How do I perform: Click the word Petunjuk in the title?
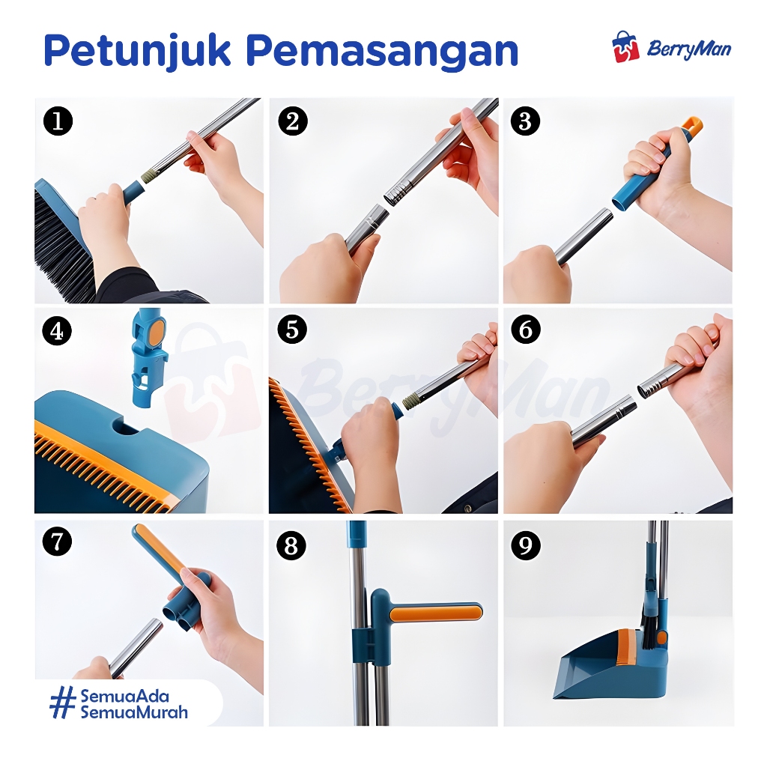pos(138,51)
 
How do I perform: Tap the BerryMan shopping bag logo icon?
pos(625,47)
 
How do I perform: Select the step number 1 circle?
pos(58,121)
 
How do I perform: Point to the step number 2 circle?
pos(293,121)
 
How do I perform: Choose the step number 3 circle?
pos(525,121)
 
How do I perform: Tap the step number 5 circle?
pos(291,330)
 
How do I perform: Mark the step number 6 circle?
pos(525,330)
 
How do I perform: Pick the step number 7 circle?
pos(57,542)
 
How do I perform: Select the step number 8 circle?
pos(291,545)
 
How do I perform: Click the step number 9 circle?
pos(525,545)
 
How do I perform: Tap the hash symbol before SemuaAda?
pos(63,703)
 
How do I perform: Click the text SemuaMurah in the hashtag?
pos(134,712)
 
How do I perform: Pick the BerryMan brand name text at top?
pos(689,49)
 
